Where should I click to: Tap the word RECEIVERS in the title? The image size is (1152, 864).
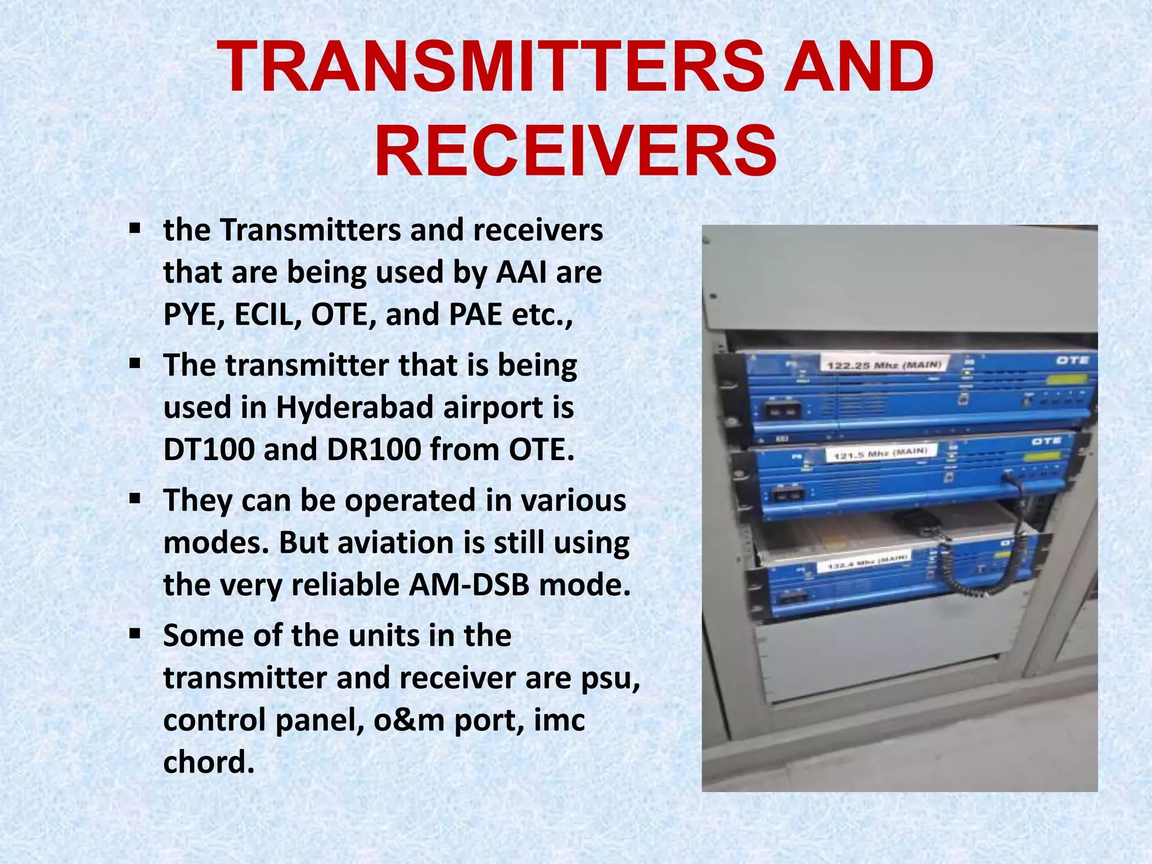(575, 151)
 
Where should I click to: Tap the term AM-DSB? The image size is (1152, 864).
(469, 584)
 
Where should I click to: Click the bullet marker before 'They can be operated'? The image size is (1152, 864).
(134, 498)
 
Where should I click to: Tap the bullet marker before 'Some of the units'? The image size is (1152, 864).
(134, 634)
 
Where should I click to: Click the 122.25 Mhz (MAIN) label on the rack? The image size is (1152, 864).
(883, 365)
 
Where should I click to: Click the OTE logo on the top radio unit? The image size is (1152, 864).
(1072, 360)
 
